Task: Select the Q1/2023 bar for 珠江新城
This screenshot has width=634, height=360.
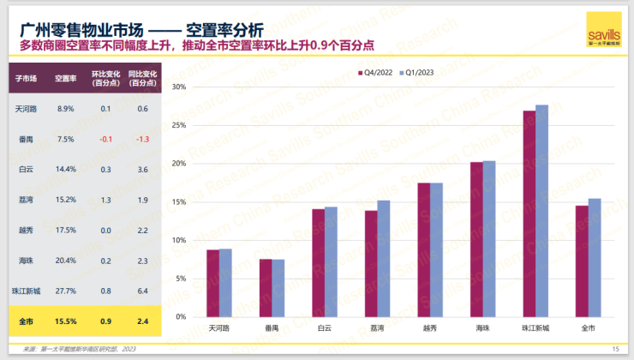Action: click(541, 211)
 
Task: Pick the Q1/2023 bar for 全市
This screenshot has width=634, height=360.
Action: click(595, 258)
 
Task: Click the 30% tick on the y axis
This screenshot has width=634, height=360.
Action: click(179, 87)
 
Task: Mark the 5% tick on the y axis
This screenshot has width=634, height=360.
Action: click(181, 279)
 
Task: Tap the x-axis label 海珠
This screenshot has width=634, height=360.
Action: click(482, 328)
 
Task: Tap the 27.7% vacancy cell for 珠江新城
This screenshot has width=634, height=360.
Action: click(66, 291)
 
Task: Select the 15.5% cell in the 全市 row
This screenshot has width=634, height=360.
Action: click(66, 321)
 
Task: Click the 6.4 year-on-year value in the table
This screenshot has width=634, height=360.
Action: click(142, 291)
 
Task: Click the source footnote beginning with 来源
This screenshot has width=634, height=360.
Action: click(77, 349)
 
